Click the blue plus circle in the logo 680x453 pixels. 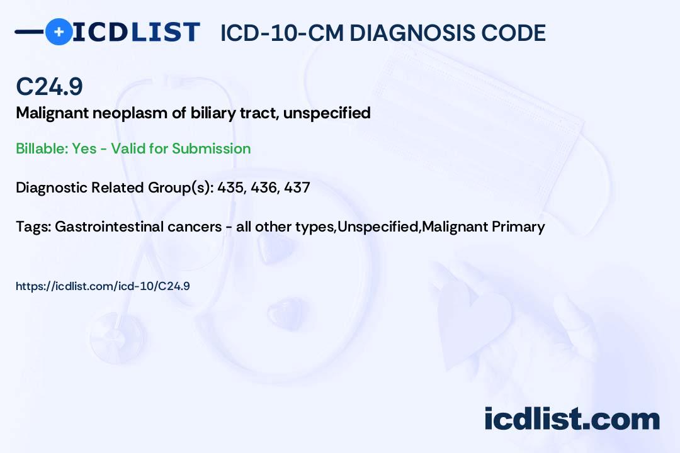(x=59, y=32)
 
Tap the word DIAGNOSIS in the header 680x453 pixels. (x=404, y=33)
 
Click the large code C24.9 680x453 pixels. (x=49, y=86)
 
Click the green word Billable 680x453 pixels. (x=42, y=148)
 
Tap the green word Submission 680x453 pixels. (x=211, y=148)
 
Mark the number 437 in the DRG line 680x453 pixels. (x=297, y=187)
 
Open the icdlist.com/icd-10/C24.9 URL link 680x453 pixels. (x=103, y=286)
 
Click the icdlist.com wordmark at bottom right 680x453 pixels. (x=572, y=419)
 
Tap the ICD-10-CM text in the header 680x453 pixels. (x=282, y=33)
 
